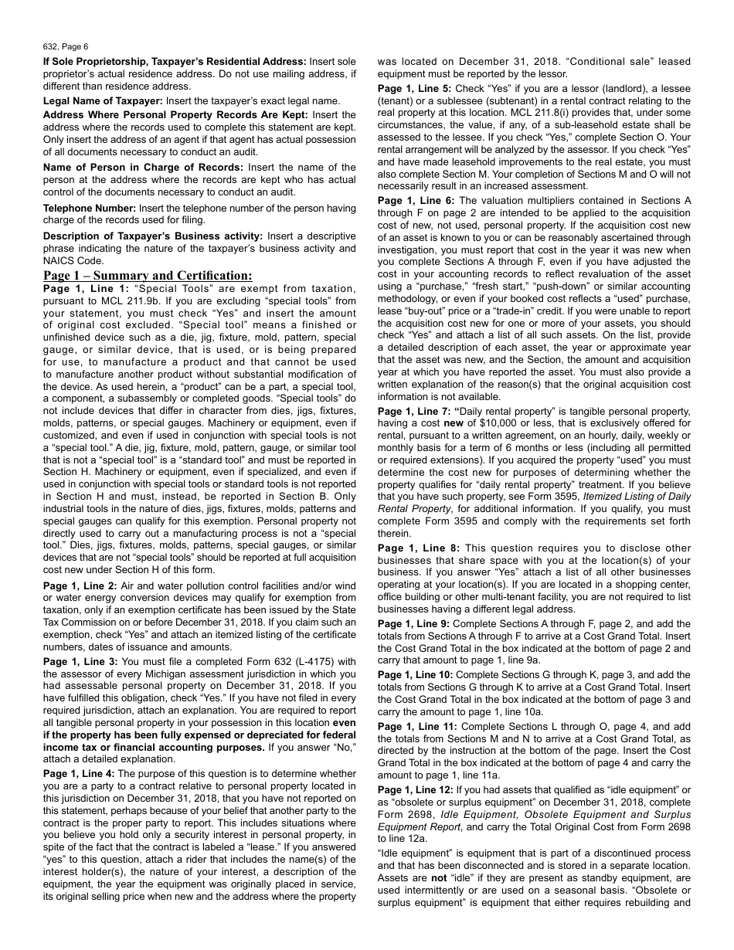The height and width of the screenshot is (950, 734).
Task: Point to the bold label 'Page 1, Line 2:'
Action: [x=80, y=586]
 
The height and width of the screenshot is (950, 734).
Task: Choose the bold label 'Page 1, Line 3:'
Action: [x=80, y=661]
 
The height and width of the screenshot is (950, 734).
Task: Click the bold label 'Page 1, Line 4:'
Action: [x=80, y=773]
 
